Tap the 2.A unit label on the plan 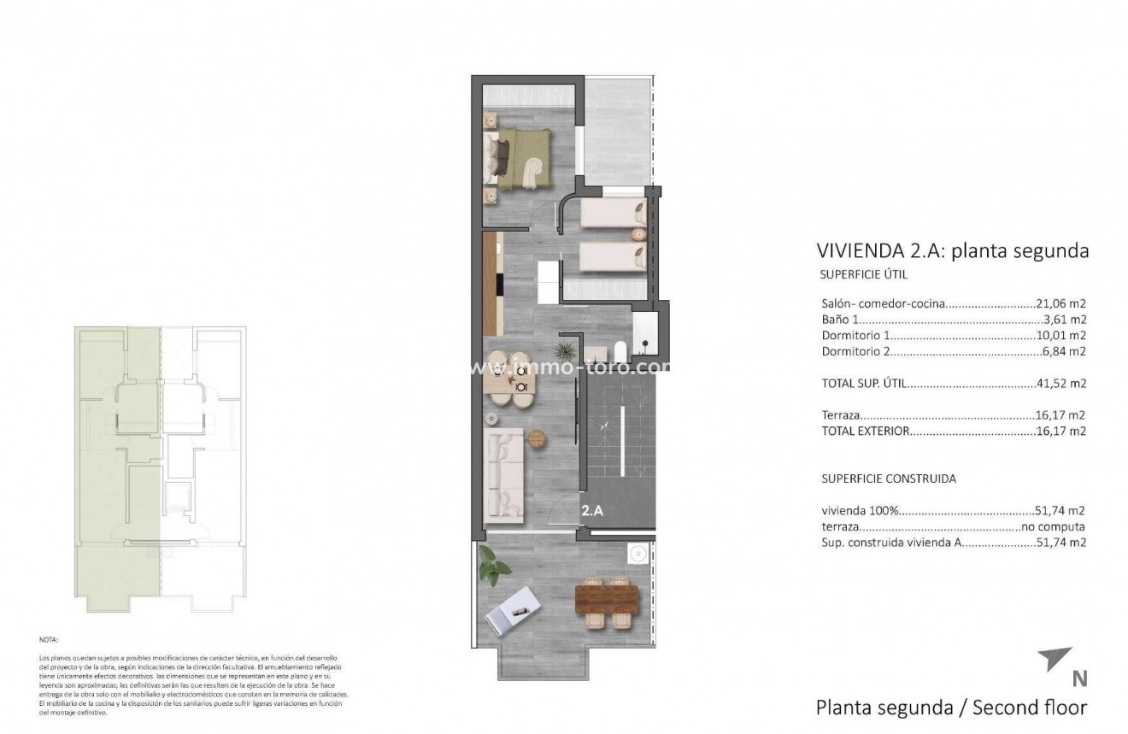(593, 512)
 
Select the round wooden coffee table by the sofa (536, 438)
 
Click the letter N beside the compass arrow (1079, 679)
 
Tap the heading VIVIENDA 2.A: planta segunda (953, 250)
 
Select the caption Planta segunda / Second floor (951, 708)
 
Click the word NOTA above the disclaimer (50, 638)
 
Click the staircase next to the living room (620, 436)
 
